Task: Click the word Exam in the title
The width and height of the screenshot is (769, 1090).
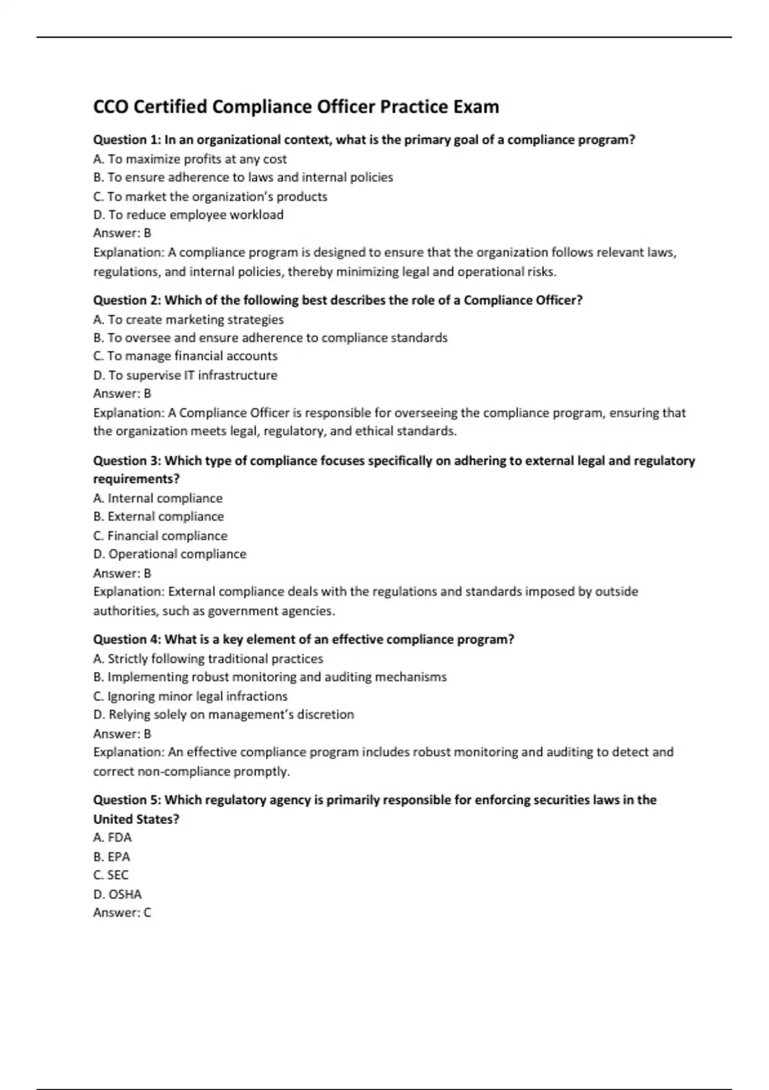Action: [x=476, y=106]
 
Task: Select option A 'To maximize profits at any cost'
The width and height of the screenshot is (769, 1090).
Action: [x=190, y=159]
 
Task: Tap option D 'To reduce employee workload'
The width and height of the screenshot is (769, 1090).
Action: [x=188, y=215]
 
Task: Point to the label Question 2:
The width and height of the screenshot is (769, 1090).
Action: [x=127, y=300]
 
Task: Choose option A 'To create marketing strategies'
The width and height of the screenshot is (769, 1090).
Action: [x=188, y=319]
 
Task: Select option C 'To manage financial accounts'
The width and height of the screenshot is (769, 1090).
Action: [x=185, y=356]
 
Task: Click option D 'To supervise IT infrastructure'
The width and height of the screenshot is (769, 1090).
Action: [x=185, y=375]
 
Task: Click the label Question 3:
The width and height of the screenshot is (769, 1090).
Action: [x=127, y=460]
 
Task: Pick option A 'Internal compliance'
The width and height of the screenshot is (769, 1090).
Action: [x=158, y=498]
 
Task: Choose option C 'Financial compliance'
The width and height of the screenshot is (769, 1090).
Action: [x=160, y=535]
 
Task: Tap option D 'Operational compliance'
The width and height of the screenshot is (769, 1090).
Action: [x=170, y=554]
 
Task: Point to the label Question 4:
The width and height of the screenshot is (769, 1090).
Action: [x=127, y=639]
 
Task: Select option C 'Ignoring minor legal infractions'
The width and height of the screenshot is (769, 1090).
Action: [x=190, y=696]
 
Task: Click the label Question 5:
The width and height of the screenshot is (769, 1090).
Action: [x=127, y=800]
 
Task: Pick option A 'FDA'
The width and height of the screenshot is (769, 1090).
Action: [x=112, y=837]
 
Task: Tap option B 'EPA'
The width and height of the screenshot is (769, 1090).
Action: [x=112, y=857]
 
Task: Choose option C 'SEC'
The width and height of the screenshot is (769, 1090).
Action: [x=111, y=875]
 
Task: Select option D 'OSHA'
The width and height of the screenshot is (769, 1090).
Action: [x=117, y=894]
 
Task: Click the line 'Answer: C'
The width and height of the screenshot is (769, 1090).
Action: [x=122, y=912]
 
